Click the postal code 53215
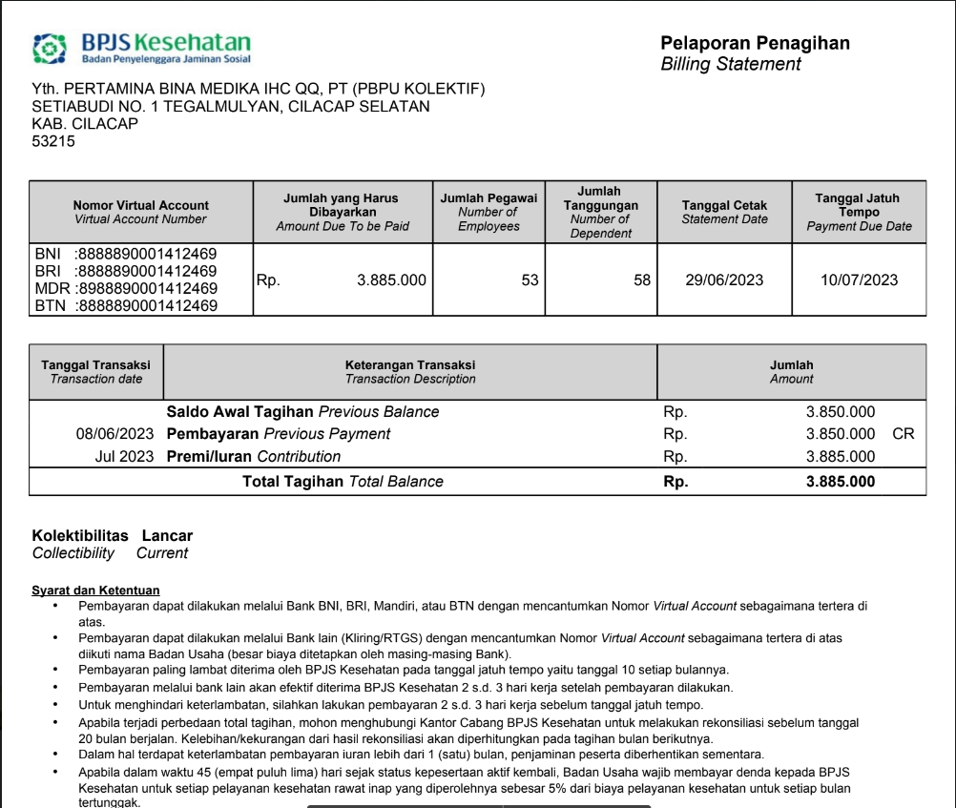(53, 141)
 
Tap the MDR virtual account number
(145, 288)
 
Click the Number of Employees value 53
(530, 280)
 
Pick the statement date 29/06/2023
(724, 280)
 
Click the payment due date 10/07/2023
(859, 280)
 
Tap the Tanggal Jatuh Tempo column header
(859, 212)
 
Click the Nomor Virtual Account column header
(140, 212)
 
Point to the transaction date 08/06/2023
(114, 434)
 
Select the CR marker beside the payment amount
(903, 434)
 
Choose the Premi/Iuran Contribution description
(253, 456)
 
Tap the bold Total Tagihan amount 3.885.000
(840, 482)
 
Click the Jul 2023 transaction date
(124, 456)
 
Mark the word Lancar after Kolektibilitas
(167, 536)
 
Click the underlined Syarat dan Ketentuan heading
(95, 590)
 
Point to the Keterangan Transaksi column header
(409, 372)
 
